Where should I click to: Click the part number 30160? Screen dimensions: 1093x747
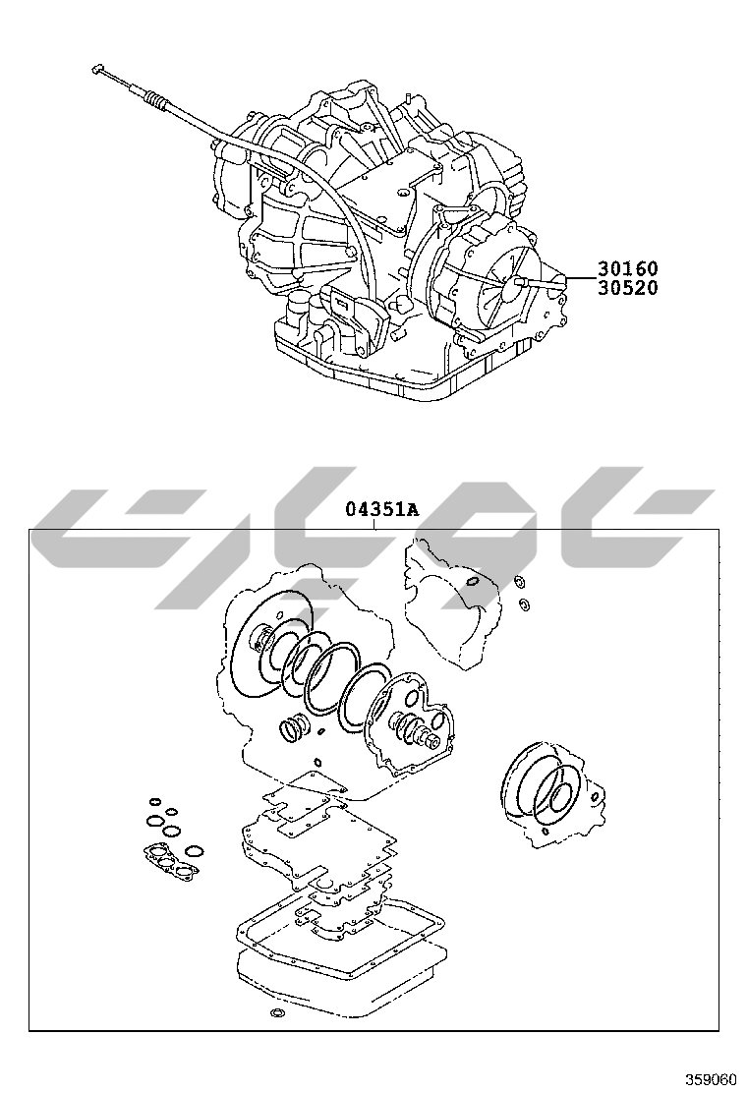tap(626, 268)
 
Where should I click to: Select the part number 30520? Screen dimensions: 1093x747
tap(626, 288)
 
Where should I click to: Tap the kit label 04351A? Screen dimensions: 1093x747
tap(381, 509)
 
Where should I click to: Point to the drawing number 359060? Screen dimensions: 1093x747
tap(711, 1079)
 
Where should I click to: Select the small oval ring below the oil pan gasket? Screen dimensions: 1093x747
tap(276, 1012)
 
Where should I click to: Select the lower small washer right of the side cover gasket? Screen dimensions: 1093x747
tap(524, 603)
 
